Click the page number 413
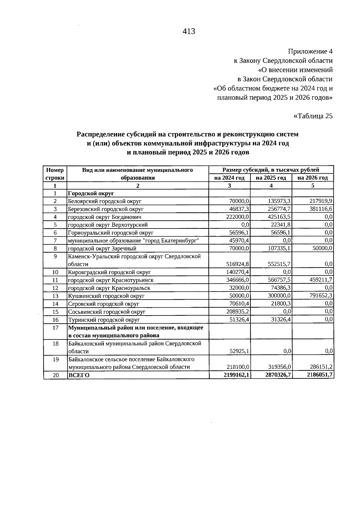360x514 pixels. (x=189, y=31)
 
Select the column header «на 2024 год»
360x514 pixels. (x=229, y=178)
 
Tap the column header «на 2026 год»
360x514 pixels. (x=313, y=178)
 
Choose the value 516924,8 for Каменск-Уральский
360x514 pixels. (x=237, y=264)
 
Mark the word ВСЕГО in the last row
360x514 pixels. (x=79, y=375)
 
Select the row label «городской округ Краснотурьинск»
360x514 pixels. (x=111, y=280)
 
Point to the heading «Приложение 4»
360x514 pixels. (x=310, y=51)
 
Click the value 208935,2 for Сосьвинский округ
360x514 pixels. (x=237, y=312)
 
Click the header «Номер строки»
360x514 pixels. (x=55, y=174)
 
